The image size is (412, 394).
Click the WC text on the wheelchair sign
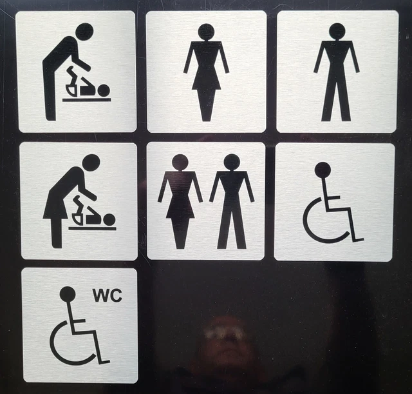tap(107, 295)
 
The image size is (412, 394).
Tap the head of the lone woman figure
tap(206, 32)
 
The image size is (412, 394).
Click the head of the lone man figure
tap(337, 31)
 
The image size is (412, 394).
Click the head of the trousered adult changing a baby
tap(84, 32)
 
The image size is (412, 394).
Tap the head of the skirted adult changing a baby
tap(91, 163)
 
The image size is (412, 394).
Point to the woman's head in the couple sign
tap(180, 163)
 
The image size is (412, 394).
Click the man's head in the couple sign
tap(232, 163)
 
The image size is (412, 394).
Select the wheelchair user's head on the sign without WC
tap(323, 170)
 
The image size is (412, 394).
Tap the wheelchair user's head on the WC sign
tap(67, 295)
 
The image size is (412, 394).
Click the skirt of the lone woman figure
tap(206, 81)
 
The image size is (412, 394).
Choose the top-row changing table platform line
tap(86, 99)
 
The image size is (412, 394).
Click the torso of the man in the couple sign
tap(232, 190)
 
